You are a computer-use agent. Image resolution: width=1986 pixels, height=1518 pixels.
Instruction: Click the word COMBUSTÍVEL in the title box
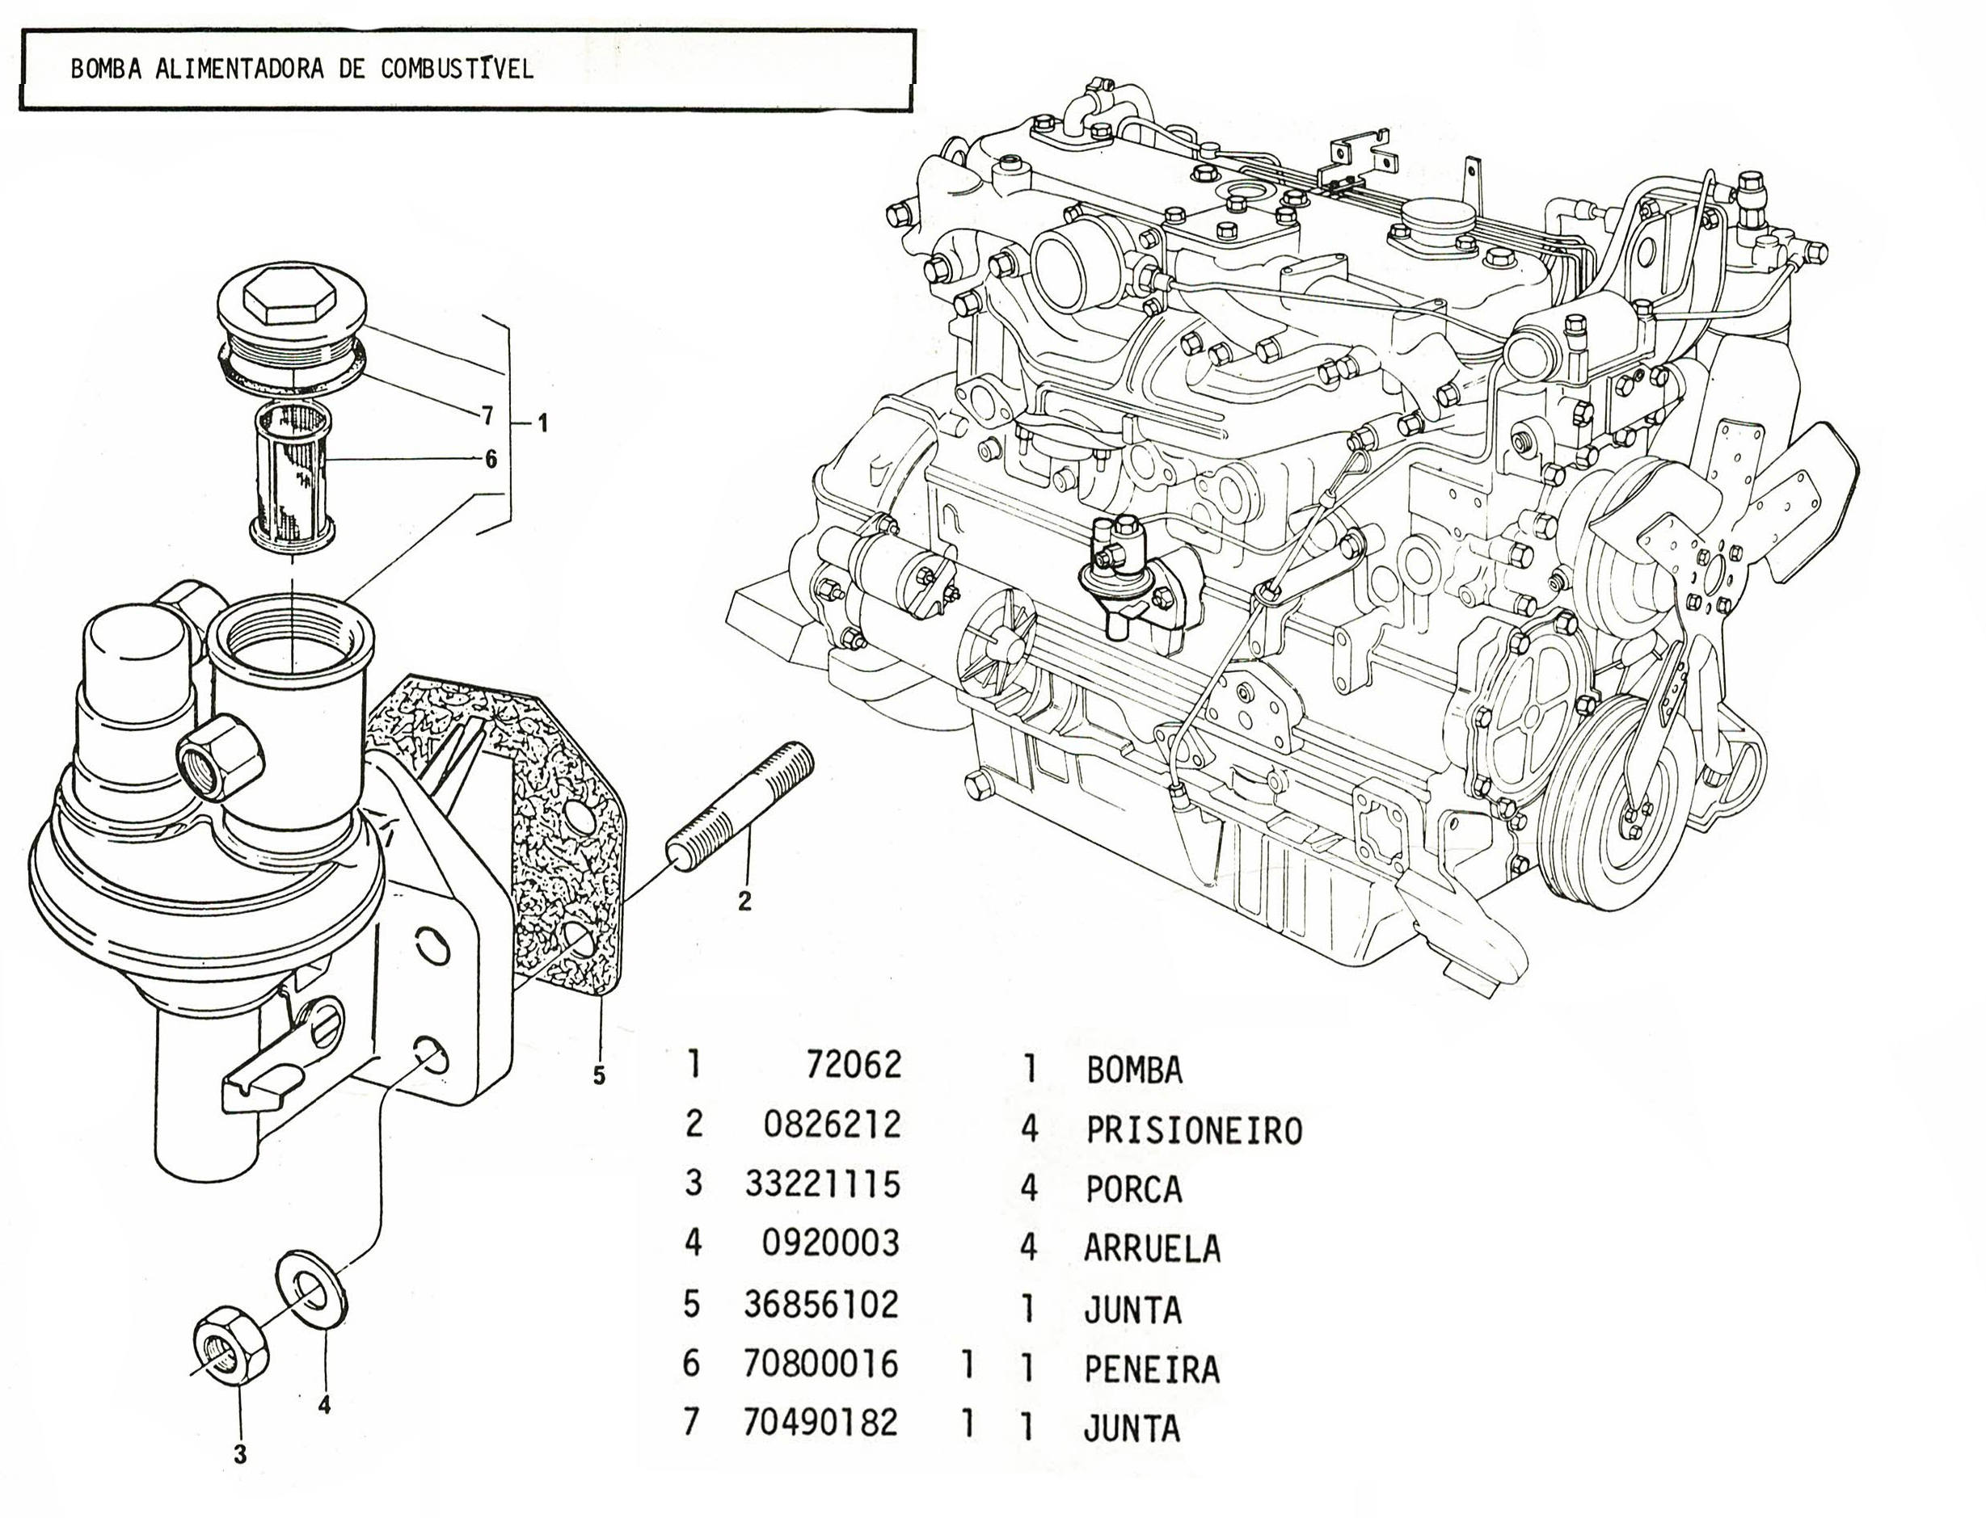[457, 69]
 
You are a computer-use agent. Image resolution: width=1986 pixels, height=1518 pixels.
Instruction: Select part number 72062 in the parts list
[854, 1066]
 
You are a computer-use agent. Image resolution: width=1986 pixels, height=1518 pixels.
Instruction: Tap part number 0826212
[833, 1125]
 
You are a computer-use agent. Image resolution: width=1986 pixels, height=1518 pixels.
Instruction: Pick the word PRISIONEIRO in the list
[1193, 1130]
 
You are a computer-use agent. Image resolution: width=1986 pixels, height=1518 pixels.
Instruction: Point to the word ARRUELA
[1152, 1249]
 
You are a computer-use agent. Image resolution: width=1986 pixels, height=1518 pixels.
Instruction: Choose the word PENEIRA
[1152, 1370]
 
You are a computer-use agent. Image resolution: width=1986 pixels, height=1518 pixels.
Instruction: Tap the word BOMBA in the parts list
[1133, 1070]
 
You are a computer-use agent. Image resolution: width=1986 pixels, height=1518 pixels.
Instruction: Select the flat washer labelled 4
[311, 1289]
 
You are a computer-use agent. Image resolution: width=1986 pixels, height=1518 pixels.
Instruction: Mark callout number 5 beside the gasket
[598, 1076]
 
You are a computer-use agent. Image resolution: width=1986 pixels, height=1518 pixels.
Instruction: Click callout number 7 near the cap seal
[487, 414]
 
